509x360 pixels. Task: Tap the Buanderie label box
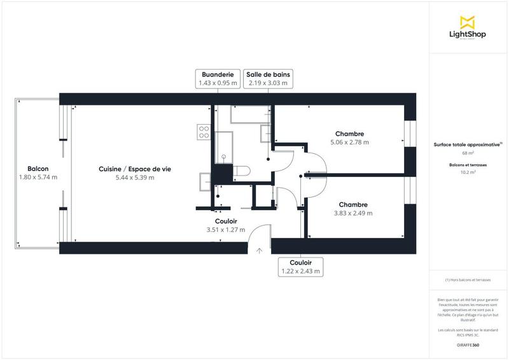[x=218, y=78]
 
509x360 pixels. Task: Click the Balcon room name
[x=38, y=169]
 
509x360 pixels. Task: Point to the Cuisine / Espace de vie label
[x=135, y=169]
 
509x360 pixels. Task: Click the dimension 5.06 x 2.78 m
[x=350, y=142]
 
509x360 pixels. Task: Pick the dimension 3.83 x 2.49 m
[x=353, y=213]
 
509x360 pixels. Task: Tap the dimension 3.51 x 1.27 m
[x=226, y=230]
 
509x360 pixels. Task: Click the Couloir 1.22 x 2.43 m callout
[x=300, y=267]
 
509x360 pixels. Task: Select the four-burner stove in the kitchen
[x=204, y=132]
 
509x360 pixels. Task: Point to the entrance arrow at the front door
[x=259, y=251]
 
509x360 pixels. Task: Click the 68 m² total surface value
[x=468, y=153]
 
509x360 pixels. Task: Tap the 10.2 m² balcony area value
[x=468, y=172]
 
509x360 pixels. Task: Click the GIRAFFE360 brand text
[x=468, y=345]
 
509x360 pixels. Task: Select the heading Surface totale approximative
[x=467, y=145]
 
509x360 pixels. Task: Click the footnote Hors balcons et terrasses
[x=468, y=280]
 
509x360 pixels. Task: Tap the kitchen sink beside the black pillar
[x=205, y=181]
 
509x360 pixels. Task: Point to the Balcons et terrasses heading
[x=468, y=165]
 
